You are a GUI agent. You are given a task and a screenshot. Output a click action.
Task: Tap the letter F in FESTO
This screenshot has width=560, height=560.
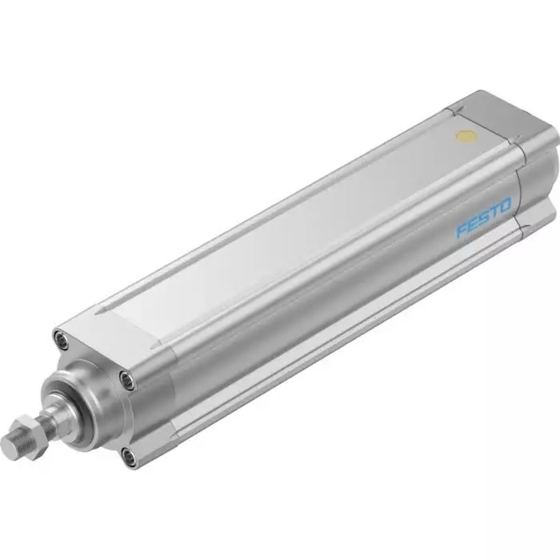pyautogui.click(x=461, y=233)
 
